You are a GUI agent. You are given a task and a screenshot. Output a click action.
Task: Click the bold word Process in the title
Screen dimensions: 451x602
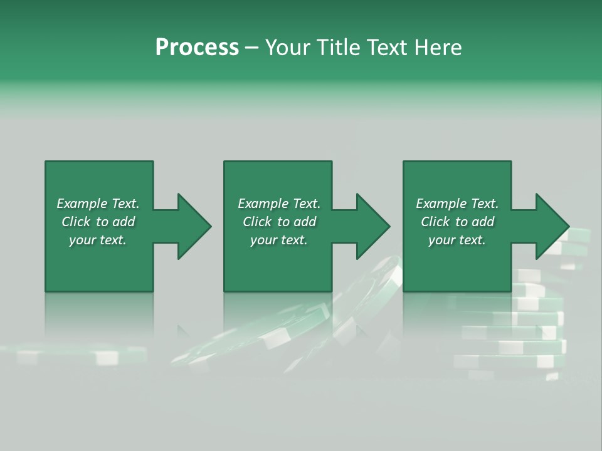click(x=197, y=48)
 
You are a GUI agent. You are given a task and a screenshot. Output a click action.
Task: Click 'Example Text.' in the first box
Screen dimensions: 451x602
click(x=98, y=204)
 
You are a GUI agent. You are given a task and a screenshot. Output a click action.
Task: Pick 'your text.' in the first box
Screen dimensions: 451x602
click(x=98, y=240)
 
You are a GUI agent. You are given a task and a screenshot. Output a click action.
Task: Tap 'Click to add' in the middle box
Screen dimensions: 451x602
click(x=279, y=222)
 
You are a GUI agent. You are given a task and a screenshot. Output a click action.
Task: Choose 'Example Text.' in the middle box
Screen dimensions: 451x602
click(x=279, y=204)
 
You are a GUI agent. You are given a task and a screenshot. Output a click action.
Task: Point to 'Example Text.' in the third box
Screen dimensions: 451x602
click(x=457, y=204)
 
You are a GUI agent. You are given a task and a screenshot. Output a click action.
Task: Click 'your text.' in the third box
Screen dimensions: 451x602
click(x=457, y=240)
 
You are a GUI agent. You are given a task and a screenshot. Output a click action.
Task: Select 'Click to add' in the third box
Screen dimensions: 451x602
click(x=457, y=222)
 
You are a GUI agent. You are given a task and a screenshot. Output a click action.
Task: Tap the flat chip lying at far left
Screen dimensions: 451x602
click(x=75, y=355)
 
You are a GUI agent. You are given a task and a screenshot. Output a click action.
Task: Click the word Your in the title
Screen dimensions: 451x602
click(x=288, y=48)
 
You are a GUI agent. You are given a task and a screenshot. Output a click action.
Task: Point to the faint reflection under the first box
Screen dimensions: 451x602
click(x=99, y=313)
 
